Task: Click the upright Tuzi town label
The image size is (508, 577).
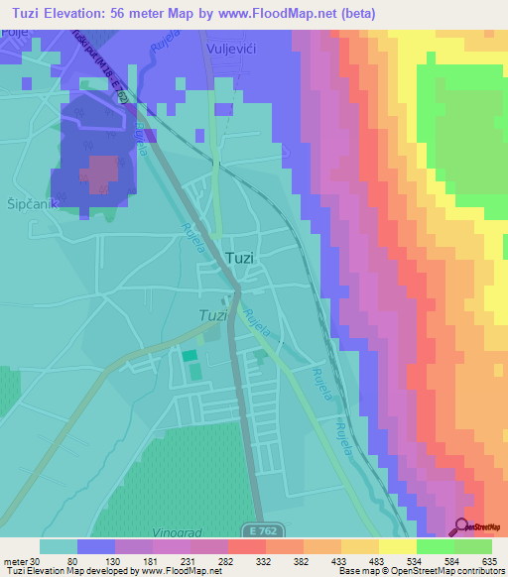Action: point(240,258)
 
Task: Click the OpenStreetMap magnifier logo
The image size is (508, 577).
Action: point(461,525)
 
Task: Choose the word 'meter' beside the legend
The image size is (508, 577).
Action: point(14,561)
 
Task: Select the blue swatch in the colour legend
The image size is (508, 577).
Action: point(96,546)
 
